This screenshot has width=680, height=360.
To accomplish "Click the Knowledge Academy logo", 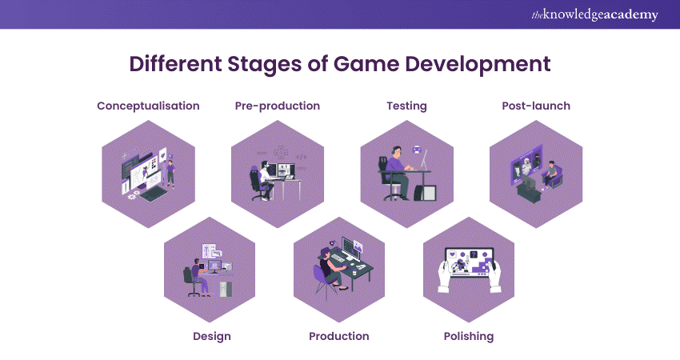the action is coord(594,14).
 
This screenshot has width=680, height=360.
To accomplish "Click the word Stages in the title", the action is coord(264,64).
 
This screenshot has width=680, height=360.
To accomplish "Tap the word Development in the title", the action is coord(478,64).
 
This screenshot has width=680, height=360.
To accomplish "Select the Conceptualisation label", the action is coord(148,106).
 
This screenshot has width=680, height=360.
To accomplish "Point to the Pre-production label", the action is coord(278,106).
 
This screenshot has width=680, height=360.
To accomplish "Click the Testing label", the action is coord(406,106).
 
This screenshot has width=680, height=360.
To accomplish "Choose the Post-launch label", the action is coord(536,106).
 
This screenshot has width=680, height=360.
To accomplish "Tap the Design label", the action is coord(212,336).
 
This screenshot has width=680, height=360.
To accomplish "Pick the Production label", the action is coord(339,336).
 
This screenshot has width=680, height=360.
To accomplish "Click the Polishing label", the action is coord(469,336).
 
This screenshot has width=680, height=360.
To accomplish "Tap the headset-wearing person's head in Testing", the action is coord(397,152).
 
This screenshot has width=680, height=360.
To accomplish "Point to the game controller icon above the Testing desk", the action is coord(416,150).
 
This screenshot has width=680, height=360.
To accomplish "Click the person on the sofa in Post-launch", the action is coord(550,174).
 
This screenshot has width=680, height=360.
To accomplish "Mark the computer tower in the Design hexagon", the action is coord(226,289).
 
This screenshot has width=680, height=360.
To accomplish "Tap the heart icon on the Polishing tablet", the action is coord(452,254).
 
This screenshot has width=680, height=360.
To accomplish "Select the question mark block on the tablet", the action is coord(474,254).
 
